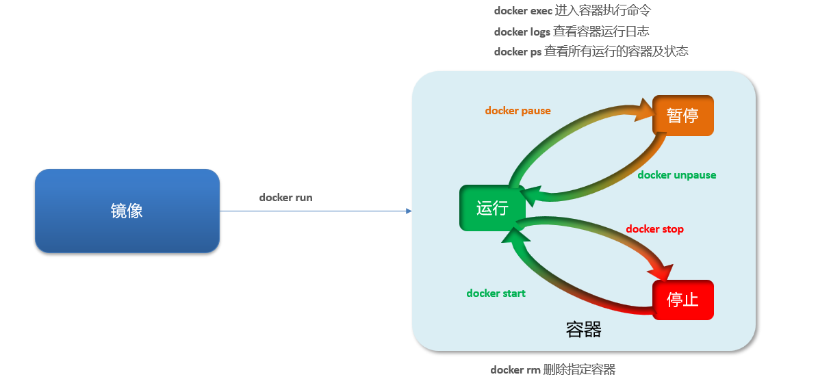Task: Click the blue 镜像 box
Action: click(127, 211)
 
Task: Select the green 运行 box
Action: click(491, 208)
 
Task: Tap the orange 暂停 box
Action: click(682, 115)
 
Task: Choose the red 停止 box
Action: click(682, 300)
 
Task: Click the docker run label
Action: click(285, 198)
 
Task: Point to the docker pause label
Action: click(517, 111)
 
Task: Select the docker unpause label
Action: click(676, 175)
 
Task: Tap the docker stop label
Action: click(654, 229)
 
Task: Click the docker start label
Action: click(496, 293)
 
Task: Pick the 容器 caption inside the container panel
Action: click(584, 330)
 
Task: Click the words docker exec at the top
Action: click(523, 11)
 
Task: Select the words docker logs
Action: click(522, 31)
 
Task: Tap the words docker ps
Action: click(517, 52)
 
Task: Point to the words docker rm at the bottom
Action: click(515, 370)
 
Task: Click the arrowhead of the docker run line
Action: click(409, 211)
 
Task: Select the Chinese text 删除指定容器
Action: click(579, 370)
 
